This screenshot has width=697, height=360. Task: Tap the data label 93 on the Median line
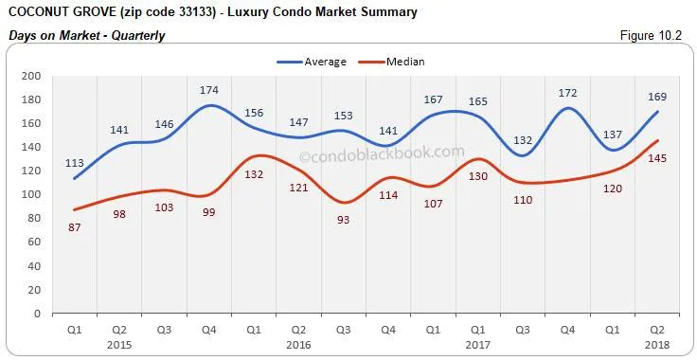pos(344,220)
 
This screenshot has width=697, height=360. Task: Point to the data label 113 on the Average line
pos(76,161)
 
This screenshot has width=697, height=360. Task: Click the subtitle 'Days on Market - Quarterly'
pos(86,36)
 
